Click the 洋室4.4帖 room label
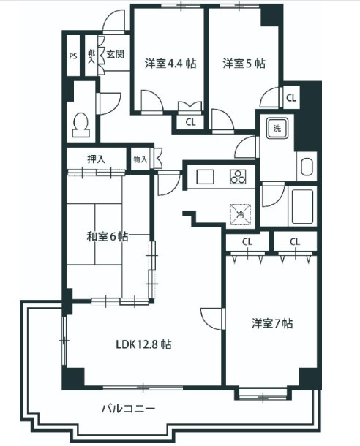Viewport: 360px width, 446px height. [x=170, y=63]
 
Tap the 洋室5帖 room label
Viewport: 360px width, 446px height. [x=244, y=63]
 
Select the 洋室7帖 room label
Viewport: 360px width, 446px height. [x=273, y=322]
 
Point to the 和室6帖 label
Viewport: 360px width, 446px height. [x=108, y=236]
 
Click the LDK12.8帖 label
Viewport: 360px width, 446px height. [x=143, y=344]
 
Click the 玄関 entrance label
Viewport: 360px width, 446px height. [x=114, y=53]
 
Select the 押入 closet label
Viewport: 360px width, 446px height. [x=97, y=157]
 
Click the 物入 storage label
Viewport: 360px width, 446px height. [x=140, y=159]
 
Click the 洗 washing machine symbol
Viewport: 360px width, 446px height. [x=277, y=129]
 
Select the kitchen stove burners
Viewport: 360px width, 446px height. [x=239, y=176]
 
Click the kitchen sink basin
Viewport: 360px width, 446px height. [x=203, y=176]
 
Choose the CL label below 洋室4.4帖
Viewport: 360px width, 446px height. [x=190, y=122]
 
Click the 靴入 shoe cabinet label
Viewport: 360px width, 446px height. [x=91, y=56]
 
